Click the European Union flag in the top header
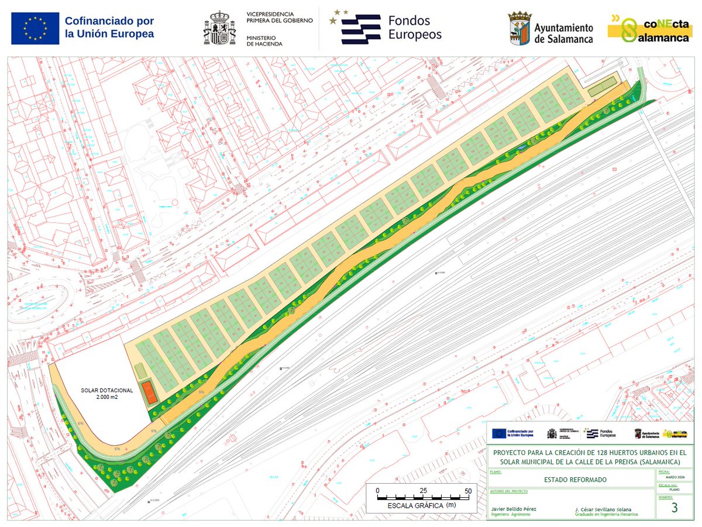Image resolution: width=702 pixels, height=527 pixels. coord(35,28)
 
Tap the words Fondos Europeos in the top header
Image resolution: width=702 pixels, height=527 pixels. coord(415,27)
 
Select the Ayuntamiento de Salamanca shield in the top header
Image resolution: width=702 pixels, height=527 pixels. coord(519,28)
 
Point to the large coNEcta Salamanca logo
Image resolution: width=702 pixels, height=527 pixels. coord(649,28)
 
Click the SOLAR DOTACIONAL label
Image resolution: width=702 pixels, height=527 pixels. coord(107,390)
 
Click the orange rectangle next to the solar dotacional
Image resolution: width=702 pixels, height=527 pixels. coord(151,391)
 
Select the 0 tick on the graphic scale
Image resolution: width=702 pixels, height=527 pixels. coord(378,490)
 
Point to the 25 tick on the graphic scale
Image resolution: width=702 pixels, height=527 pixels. coord(423,490)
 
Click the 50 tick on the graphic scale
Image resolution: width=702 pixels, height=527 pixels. coord(467,490)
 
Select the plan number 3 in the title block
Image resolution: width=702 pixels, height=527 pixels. coord(675,508)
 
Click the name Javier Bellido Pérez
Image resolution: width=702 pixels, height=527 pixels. coord(514,509)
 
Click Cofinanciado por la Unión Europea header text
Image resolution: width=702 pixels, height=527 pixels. coord(109,27)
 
